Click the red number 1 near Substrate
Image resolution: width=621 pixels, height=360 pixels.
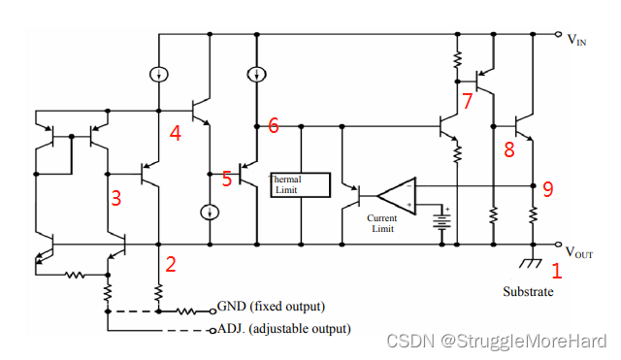(x=556, y=272)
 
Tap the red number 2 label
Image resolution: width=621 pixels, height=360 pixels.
(x=170, y=263)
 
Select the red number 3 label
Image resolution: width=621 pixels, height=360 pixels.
(x=115, y=199)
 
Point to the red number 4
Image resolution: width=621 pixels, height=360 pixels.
(x=176, y=133)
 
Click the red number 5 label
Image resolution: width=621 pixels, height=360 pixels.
(x=227, y=179)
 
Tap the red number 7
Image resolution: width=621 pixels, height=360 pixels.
(x=468, y=100)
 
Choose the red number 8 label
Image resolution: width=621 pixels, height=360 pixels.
(x=508, y=149)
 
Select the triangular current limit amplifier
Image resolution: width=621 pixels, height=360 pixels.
(x=397, y=195)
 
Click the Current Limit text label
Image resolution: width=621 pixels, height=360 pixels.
(x=381, y=224)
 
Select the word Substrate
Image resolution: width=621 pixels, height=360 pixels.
(x=528, y=291)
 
